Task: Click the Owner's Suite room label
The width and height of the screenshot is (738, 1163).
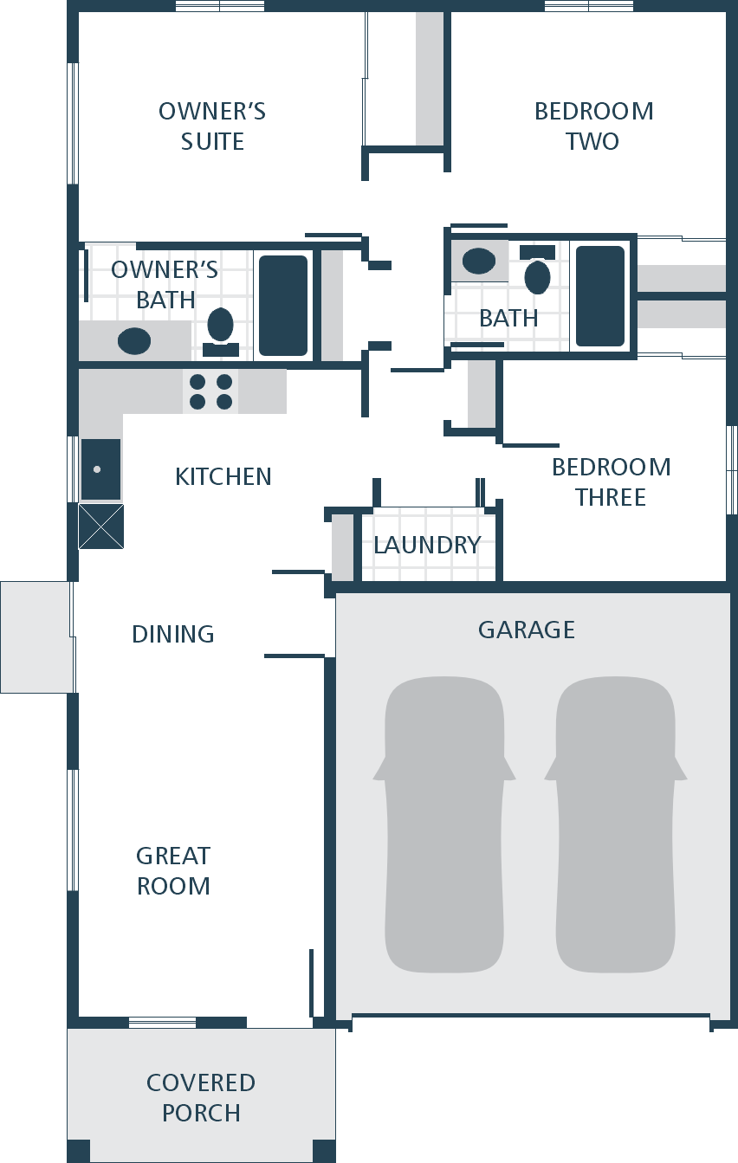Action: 212,126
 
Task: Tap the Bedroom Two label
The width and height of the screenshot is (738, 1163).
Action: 593,126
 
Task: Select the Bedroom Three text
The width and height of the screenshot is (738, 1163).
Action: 611,481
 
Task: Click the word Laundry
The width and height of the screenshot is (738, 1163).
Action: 427,545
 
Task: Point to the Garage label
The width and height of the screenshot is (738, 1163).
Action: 527,630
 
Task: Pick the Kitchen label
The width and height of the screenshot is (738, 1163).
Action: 223,476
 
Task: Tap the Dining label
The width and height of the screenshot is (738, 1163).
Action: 173,634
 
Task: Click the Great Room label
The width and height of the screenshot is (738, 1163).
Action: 173,870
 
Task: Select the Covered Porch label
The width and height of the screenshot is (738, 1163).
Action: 201,1097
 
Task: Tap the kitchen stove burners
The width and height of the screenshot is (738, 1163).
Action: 210,391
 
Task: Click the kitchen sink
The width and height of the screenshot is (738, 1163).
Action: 100,469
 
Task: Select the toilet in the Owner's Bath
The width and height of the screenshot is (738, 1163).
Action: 220,329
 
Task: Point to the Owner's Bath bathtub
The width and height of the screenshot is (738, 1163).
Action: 283,305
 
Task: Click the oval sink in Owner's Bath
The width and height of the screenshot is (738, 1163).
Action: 134,340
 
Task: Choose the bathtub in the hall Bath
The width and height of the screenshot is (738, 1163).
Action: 600,296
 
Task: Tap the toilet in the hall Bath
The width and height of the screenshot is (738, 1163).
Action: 538,272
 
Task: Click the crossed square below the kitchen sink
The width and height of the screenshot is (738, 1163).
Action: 100,527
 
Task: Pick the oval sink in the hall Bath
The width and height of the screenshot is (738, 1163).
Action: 478,260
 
